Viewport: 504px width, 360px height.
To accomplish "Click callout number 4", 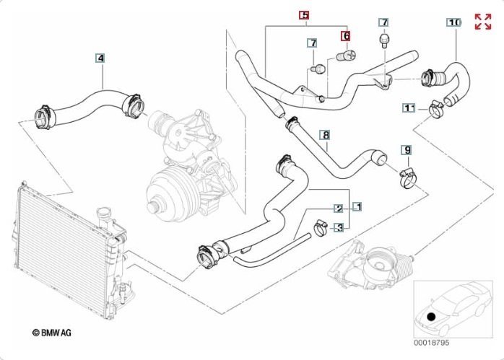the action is [x=100, y=58].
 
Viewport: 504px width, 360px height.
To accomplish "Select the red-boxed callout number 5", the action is [x=304, y=14].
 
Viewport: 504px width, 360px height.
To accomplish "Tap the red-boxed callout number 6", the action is [x=346, y=36].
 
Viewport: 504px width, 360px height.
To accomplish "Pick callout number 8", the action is [x=326, y=135].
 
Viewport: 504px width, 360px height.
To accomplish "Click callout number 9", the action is [x=407, y=150].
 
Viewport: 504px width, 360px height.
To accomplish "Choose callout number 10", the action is [x=454, y=22].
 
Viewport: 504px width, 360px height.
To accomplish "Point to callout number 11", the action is [x=409, y=108].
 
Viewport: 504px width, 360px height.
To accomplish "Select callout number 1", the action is [x=357, y=207].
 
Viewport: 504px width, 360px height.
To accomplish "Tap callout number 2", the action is [x=339, y=208].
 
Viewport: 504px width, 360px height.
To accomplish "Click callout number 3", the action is [x=339, y=228].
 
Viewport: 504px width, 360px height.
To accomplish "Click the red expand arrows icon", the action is [x=483, y=22].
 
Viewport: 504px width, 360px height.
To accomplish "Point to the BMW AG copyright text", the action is [x=52, y=333].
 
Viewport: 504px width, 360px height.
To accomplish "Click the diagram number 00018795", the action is [x=431, y=343].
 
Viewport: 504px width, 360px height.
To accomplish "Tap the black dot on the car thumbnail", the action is [x=431, y=317].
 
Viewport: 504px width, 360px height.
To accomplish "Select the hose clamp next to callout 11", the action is [x=436, y=109].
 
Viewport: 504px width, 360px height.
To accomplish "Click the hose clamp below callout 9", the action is [x=408, y=179].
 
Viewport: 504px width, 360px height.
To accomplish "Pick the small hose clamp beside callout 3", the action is [x=321, y=227].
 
